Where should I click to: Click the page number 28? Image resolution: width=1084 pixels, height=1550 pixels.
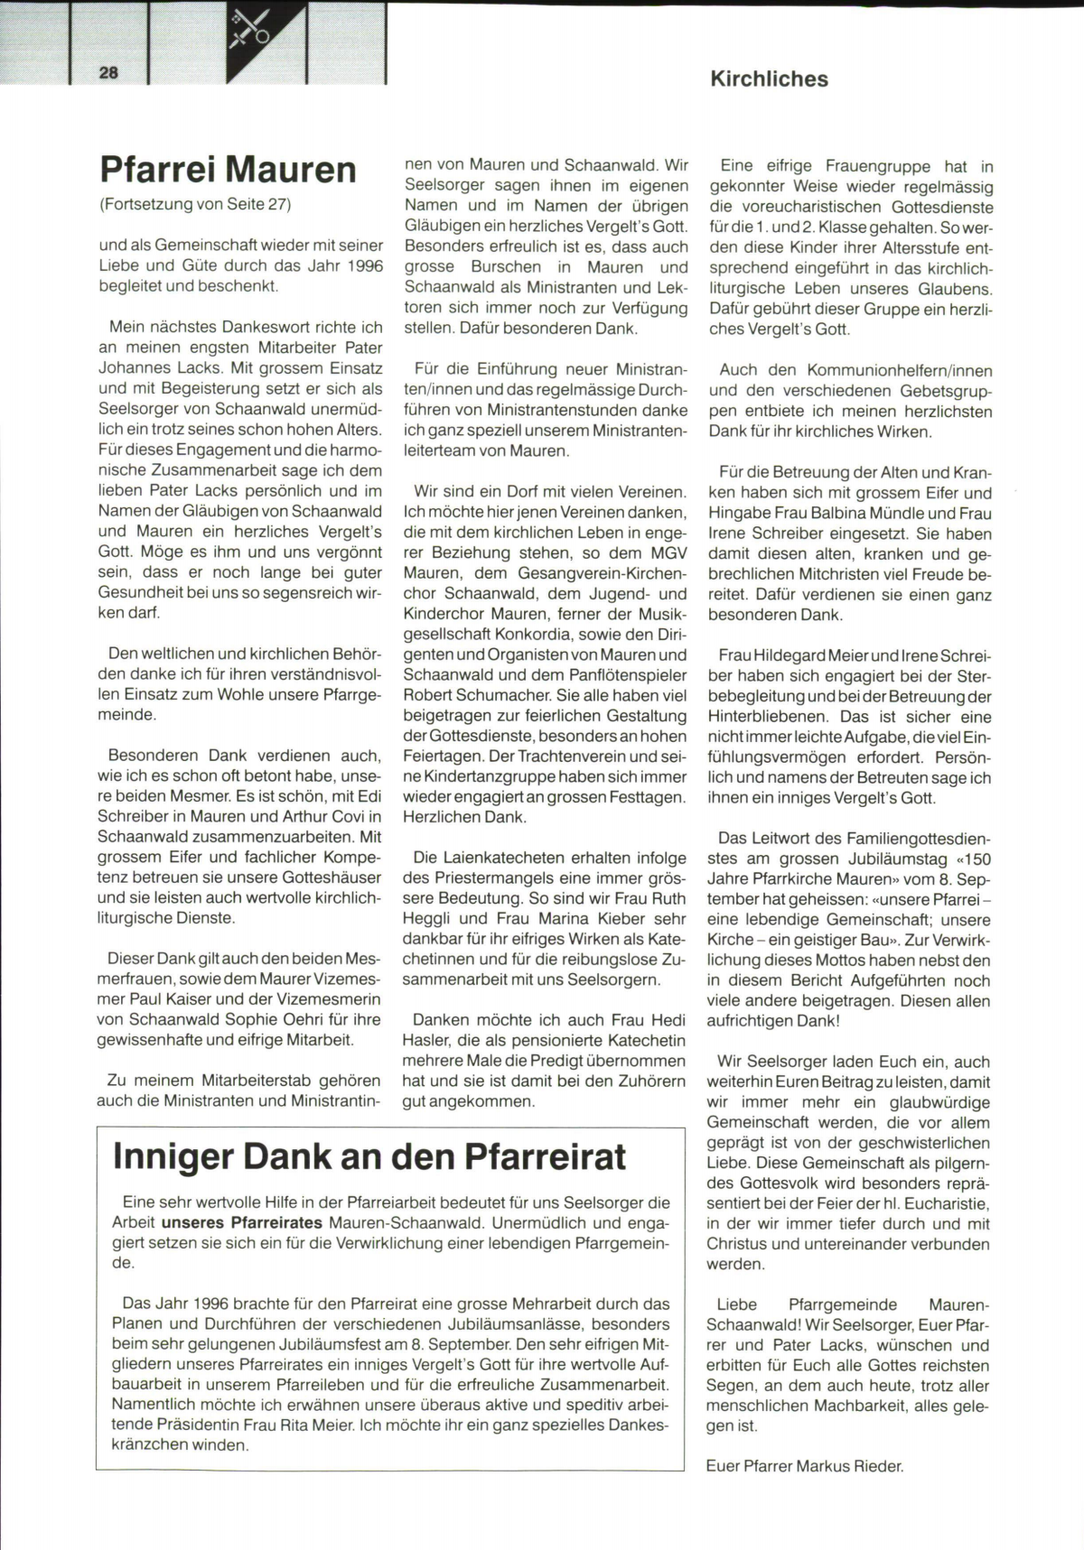click(x=108, y=73)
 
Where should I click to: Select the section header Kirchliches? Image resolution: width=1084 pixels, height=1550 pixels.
click(x=769, y=79)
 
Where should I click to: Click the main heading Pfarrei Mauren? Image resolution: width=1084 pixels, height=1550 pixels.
click(x=228, y=170)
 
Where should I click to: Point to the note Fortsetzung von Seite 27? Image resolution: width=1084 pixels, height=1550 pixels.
click(x=195, y=204)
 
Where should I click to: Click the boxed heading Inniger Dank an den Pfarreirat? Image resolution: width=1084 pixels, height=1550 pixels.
click(x=369, y=1157)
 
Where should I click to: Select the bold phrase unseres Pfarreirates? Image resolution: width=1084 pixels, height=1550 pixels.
click(x=241, y=1223)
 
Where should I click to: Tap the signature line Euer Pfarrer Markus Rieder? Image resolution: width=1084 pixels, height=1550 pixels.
click(x=804, y=1466)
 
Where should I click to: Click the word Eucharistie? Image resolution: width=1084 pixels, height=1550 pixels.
click(x=948, y=1203)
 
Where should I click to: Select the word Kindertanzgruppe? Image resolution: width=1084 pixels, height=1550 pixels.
click(x=478, y=776)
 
